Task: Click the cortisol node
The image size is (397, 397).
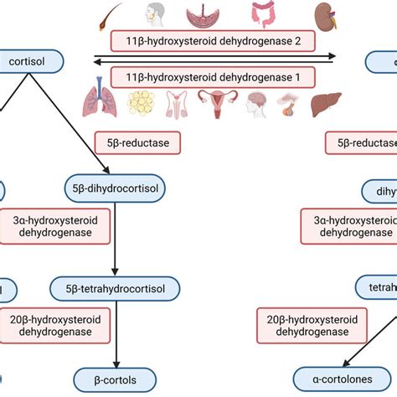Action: tap(32, 61)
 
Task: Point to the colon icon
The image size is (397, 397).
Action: tap(266, 15)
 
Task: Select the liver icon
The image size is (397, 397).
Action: tap(325, 106)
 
